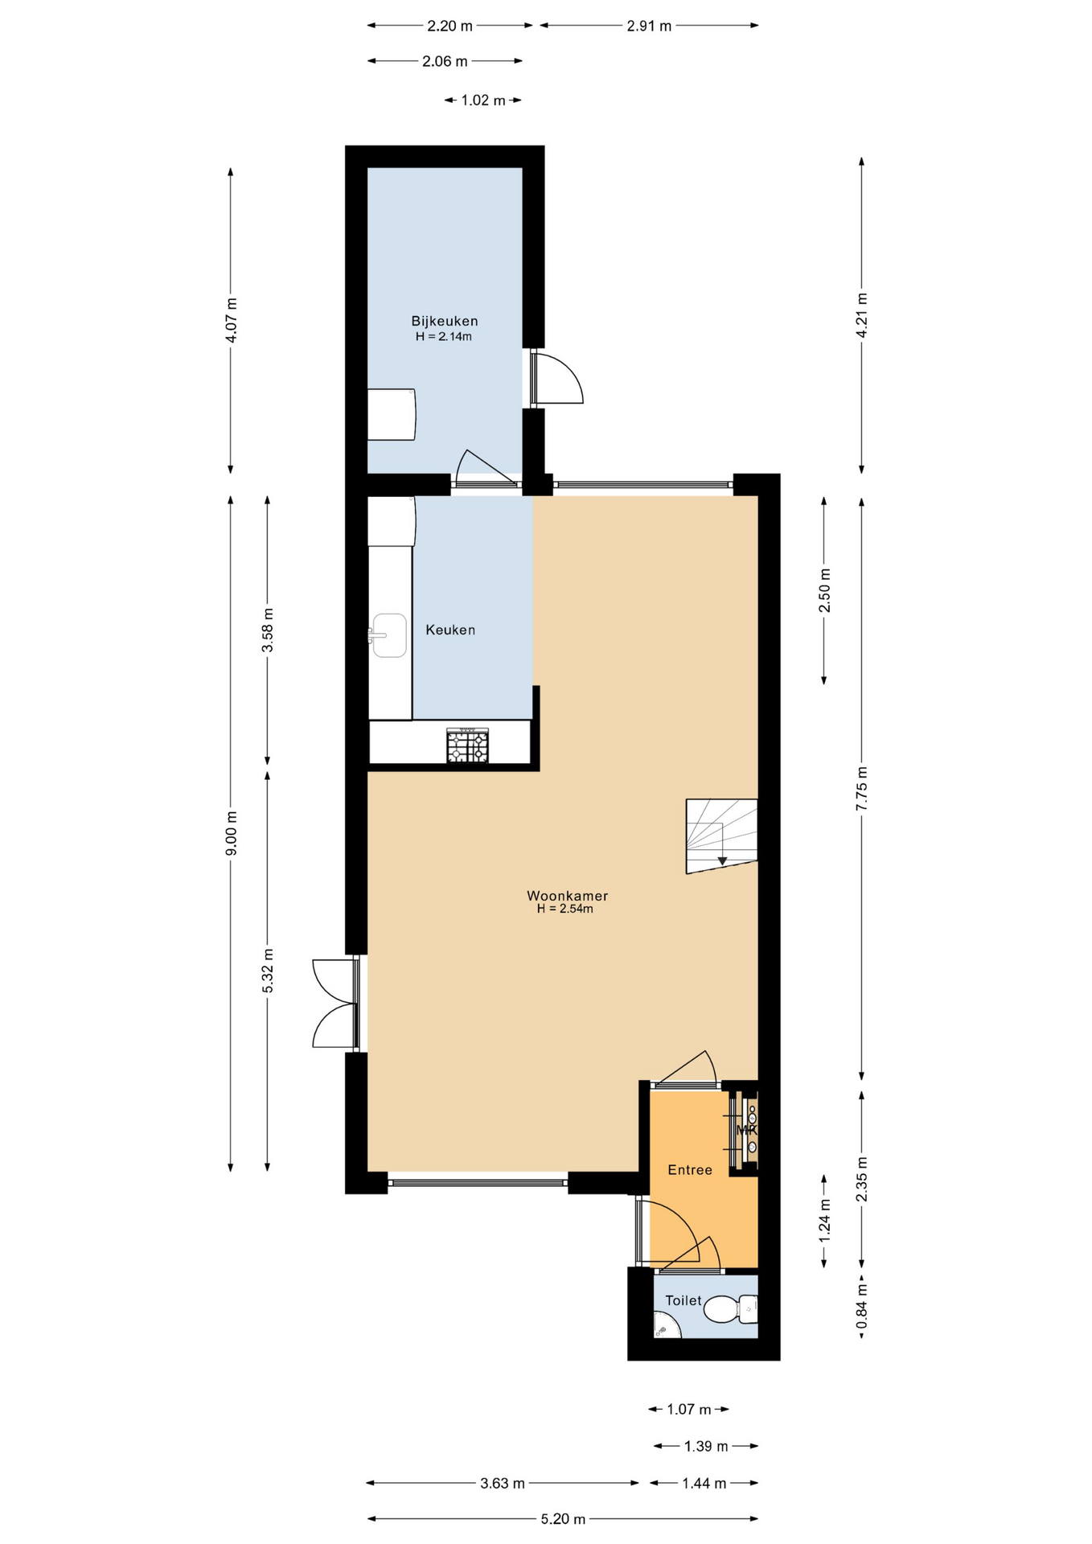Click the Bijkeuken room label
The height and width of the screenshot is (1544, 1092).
click(444, 321)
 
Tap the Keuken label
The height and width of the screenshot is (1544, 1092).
click(450, 630)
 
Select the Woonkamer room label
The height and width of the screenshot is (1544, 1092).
click(567, 895)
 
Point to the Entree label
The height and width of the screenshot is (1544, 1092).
click(690, 1170)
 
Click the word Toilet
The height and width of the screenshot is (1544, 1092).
click(683, 1300)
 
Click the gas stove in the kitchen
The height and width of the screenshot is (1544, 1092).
click(467, 745)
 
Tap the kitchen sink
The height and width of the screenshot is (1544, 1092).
click(388, 635)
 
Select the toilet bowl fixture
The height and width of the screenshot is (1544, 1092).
click(731, 1309)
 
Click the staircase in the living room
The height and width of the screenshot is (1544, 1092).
click(721, 836)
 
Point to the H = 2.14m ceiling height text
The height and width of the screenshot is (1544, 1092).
click(444, 337)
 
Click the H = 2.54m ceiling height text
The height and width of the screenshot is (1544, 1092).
click(565, 909)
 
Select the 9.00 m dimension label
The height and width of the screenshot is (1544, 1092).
click(232, 833)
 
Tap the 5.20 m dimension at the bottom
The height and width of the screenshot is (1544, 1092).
click(563, 1519)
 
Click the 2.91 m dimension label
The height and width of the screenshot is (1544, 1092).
click(649, 26)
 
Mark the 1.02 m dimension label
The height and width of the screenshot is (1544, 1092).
click(483, 101)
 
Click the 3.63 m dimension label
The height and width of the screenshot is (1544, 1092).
click(503, 1483)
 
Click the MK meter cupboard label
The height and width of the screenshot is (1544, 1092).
click(747, 1129)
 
